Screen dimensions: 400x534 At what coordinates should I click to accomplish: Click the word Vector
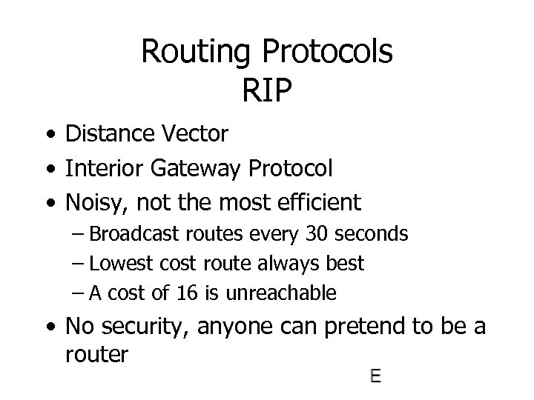coord(194,134)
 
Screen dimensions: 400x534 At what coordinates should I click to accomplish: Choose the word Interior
coord(104,168)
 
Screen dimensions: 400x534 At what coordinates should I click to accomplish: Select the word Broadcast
coord(136,235)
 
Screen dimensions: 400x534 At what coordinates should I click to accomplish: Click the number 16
coord(188,293)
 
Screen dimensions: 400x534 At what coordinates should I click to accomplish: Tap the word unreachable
coord(286,293)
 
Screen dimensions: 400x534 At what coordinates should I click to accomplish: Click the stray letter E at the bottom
coord(375,377)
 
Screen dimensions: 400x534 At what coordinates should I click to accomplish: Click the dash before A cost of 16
coord(79,293)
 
